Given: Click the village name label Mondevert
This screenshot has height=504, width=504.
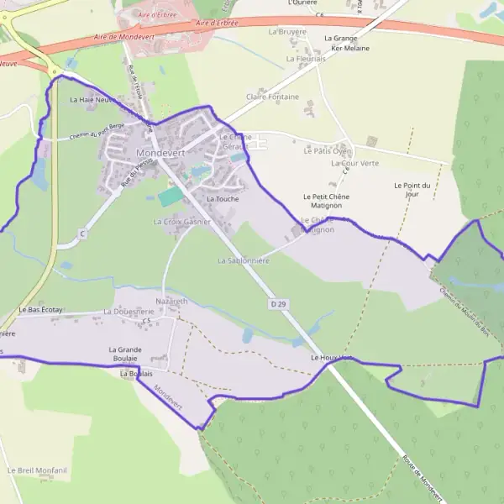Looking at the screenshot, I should pyautogui.click(x=160, y=153).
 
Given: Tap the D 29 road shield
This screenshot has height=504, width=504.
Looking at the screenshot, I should pyautogui.click(x=279, y=302).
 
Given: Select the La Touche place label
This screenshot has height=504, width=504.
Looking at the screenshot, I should pyautogui.click(x=223, y=198).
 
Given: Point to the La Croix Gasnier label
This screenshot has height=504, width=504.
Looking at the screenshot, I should pyautogui.click(x=181, y=222).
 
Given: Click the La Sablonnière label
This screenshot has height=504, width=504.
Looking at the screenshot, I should pyautogui.click(x=244, y=260).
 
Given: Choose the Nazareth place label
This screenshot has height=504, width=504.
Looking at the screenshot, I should pyautogui.click(x=172, y=300).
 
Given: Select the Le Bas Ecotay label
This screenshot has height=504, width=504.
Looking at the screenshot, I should pyautogui.click(x=40, y=310).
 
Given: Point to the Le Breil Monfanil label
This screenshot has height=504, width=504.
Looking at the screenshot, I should pyautogui.click(x=37, y=470).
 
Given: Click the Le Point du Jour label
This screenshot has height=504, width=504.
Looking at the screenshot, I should pyautogui.click(x=412, y=189).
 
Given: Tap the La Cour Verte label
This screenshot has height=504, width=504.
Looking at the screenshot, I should pyautogui.click(x=355, y=163).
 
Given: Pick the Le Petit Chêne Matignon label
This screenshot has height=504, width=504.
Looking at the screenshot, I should pyautogui.click(x=326, y=201).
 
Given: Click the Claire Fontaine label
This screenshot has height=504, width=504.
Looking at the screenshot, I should pyautogui.click(x=272, y=97).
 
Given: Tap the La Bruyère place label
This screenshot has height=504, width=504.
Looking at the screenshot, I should pyautogui.click(x=286, y=31).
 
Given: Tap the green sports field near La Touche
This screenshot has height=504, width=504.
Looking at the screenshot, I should pyautogui.click(x=171, y=196).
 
